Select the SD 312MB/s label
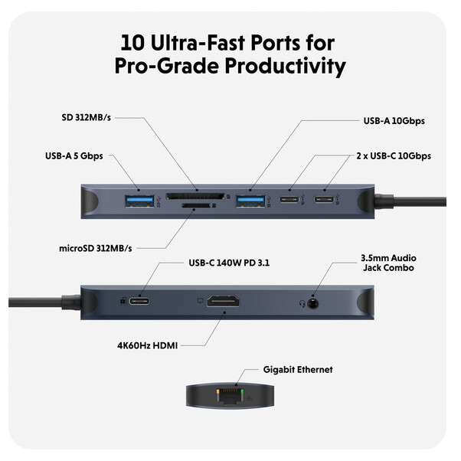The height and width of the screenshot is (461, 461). coord(87,119)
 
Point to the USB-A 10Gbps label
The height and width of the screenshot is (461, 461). coord(394,121)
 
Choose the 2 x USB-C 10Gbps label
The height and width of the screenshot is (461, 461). coord(392,155)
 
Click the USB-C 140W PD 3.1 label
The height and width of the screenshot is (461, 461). coord(229,263)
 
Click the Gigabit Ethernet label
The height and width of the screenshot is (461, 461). coord(298,370)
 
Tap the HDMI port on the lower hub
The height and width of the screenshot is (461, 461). coord(222,303)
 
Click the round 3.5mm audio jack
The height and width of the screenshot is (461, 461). coord(311,303)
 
